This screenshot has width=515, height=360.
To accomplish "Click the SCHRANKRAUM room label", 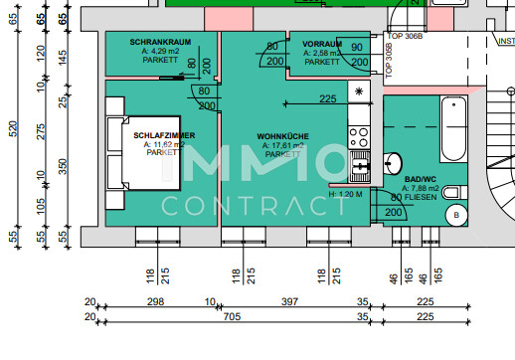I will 160,42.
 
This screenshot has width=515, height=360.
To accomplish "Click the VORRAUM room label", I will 322,45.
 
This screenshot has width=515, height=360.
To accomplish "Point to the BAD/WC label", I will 420,179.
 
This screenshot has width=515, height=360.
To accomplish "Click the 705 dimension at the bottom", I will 231,316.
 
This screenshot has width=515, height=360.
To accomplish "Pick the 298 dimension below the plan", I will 155,301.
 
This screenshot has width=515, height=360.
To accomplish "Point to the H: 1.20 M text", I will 345,195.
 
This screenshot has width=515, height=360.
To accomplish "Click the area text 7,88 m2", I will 420,188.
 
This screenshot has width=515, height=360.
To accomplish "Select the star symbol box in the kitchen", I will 358,92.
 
